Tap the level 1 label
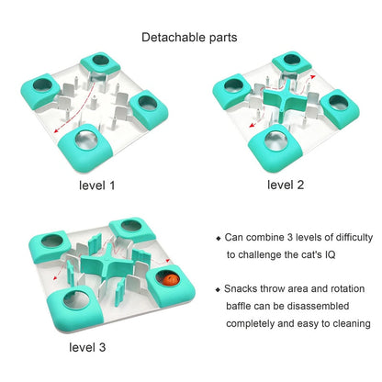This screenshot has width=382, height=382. [x=96, y=185]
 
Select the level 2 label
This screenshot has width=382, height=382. [x=286, y=185]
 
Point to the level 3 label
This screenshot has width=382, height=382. [x=87, y=347]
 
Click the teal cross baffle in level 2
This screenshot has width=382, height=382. [x=284, y=97]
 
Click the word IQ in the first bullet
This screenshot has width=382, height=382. [x=330, y=254]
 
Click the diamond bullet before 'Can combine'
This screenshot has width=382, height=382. [x=219, y=238]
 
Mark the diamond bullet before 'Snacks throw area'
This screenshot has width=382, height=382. [x=218, y=289]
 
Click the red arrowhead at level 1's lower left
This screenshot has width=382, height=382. [x=56, y=130]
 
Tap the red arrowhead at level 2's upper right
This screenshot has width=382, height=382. [x=312, y=76]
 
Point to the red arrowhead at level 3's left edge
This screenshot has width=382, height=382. [x=55, y=278]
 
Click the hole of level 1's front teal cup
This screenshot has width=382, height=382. [x=86, y=140]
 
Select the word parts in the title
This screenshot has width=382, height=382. [x=223, y=38]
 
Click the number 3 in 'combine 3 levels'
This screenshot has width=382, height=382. [x=290, y=237]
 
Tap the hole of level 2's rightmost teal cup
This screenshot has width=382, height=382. [x=338, y=103]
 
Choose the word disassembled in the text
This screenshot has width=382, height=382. [x=318, y=306]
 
